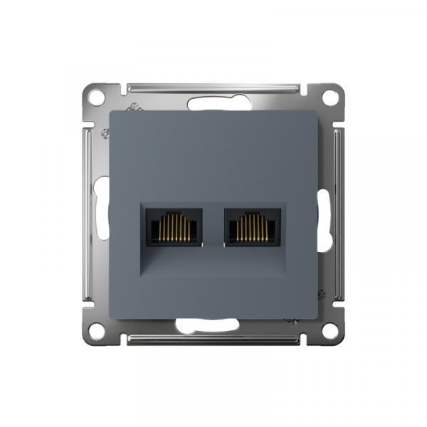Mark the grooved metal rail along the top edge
[x=213, y=89]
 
